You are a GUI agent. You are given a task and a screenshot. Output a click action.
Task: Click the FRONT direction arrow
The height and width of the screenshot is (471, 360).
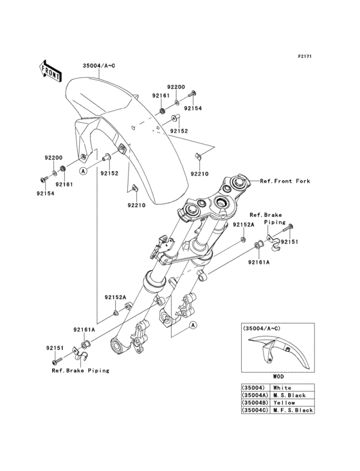[50, 71]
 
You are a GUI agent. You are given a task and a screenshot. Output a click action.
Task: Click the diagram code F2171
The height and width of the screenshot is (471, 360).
[305, 56]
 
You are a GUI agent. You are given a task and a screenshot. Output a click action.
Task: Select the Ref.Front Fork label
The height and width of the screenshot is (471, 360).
[285, 181]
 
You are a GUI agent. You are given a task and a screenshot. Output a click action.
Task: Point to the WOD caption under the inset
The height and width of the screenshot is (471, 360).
[278, 376]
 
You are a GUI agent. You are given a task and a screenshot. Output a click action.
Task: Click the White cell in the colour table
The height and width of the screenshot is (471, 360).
[282, 388]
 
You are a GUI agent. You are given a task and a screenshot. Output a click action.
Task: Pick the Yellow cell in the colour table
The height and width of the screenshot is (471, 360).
[284, 403]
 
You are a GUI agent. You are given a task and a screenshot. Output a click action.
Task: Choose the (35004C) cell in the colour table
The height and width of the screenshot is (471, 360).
[255, 410]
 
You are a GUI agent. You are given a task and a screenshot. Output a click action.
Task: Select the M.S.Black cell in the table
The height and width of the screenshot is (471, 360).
[289, 395]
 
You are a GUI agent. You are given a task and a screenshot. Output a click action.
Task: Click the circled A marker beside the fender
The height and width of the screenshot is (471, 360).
[83, 171]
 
